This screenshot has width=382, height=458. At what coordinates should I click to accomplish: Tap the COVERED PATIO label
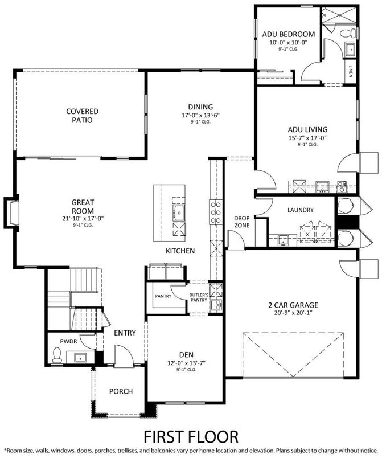click(x=82, y=116)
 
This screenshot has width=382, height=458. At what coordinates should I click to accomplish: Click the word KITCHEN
click(x=180, y=251)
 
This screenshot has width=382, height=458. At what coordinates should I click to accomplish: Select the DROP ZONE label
click(x=242, y=222)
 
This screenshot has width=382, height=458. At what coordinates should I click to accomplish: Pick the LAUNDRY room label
click(x=300, y=210)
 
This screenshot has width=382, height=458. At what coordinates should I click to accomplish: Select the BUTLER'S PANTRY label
click(x=200, y=297)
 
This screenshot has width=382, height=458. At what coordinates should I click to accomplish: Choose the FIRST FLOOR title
click(x=191, y=436)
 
